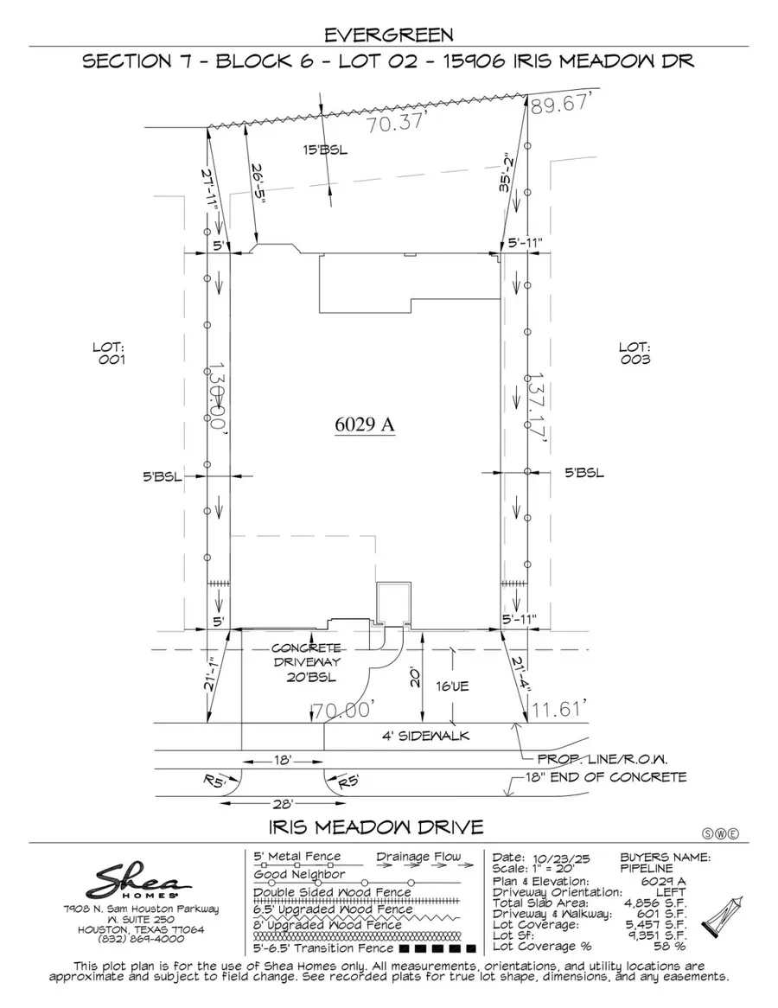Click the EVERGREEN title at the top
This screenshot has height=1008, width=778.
pyautogui.click(x=388, y=35)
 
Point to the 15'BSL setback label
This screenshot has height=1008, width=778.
pyautogui.click(x=324, y=150)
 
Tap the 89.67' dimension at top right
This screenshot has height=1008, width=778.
pyautogui.click(x=564, y=105)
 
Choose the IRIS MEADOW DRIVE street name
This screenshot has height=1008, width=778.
pyautogui.click(x=376, y=826)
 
